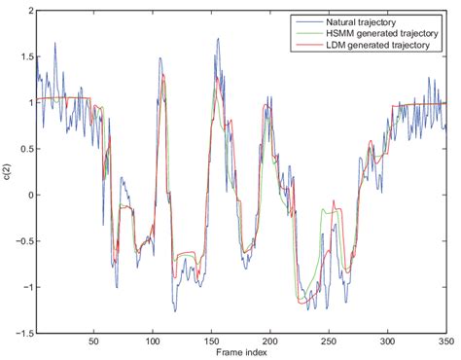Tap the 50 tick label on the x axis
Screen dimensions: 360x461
(x=93, y=341)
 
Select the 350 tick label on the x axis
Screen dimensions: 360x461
(x=445, y=341)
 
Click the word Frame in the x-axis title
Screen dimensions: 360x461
(x=228, y=352)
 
